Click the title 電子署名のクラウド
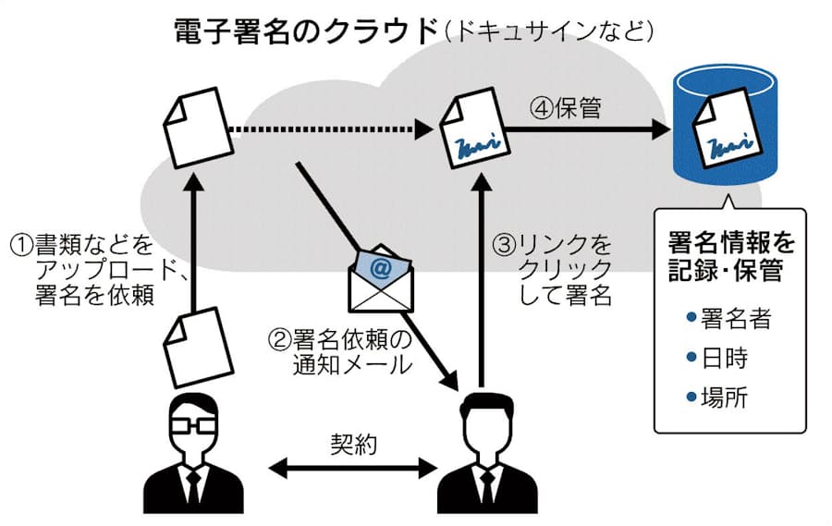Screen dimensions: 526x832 (306, 31)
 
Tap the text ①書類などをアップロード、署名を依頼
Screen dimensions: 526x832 (92, 270)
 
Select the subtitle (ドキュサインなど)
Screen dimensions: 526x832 (549, 31)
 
